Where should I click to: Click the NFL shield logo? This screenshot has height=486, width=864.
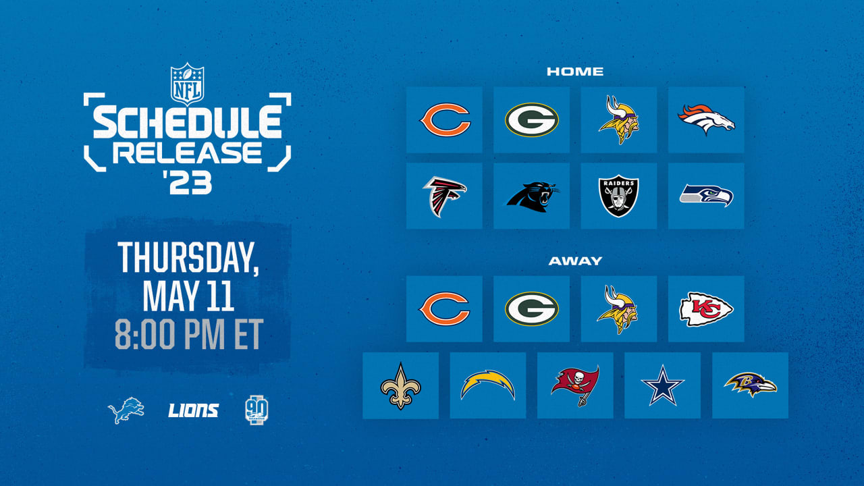click(188, 84)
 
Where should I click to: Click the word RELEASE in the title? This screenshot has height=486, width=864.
click(188, 153)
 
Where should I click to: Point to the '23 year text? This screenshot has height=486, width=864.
click(188, 182)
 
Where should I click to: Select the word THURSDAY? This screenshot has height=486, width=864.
click(188, 258)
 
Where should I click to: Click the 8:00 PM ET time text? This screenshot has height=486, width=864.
click(189, 334)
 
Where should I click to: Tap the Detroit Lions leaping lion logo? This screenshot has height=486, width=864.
click(126, 410)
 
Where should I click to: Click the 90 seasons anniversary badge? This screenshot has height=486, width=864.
click(256, 410)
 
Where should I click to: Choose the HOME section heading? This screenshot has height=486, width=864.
click(575, 72)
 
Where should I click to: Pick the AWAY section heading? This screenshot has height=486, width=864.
click(575, 261)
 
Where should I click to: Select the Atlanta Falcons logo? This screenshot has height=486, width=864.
click(444, 196)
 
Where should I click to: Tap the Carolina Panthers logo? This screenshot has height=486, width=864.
click(533, 197)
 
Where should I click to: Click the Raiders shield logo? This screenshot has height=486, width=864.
click(619, 196)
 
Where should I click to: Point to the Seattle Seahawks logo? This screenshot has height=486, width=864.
click(706, 195)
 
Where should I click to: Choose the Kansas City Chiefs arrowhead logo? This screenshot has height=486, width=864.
click(706, 309)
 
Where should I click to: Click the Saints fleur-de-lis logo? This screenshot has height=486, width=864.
click(400, 385)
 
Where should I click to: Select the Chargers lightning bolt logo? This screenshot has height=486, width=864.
click(488, 385)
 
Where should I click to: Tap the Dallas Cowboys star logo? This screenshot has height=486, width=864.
click(662, 385)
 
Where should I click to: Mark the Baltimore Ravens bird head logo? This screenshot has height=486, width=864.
click(750, 385)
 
